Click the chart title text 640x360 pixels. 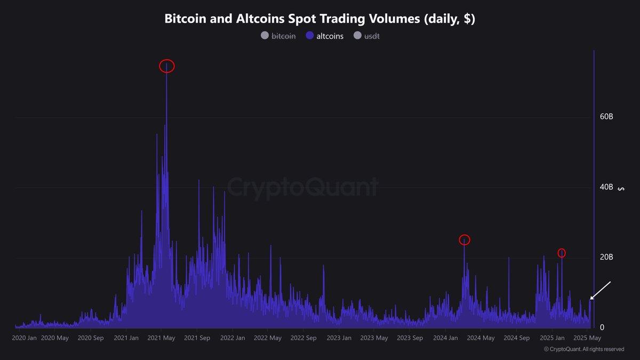[319, 19]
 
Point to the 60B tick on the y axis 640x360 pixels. [606, 117]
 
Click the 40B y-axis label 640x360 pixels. [606, 187]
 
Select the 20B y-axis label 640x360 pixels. [606, 258]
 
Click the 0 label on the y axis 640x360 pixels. [602, 327]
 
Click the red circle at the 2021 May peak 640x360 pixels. [167, 66]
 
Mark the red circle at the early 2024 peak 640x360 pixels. [465, 240]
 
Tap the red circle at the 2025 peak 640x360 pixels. [562, 253]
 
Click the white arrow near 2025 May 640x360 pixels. [601, 291]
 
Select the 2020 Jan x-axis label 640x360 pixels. [25, 338]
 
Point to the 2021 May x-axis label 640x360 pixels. [162, 338]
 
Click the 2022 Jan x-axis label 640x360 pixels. [233, 338]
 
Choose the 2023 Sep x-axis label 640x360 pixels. [410, 338]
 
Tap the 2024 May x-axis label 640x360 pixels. [481, 338]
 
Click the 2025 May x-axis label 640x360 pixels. [587, 338]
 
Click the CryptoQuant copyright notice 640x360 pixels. [583, 349]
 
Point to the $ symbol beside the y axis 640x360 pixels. [620, 188]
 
